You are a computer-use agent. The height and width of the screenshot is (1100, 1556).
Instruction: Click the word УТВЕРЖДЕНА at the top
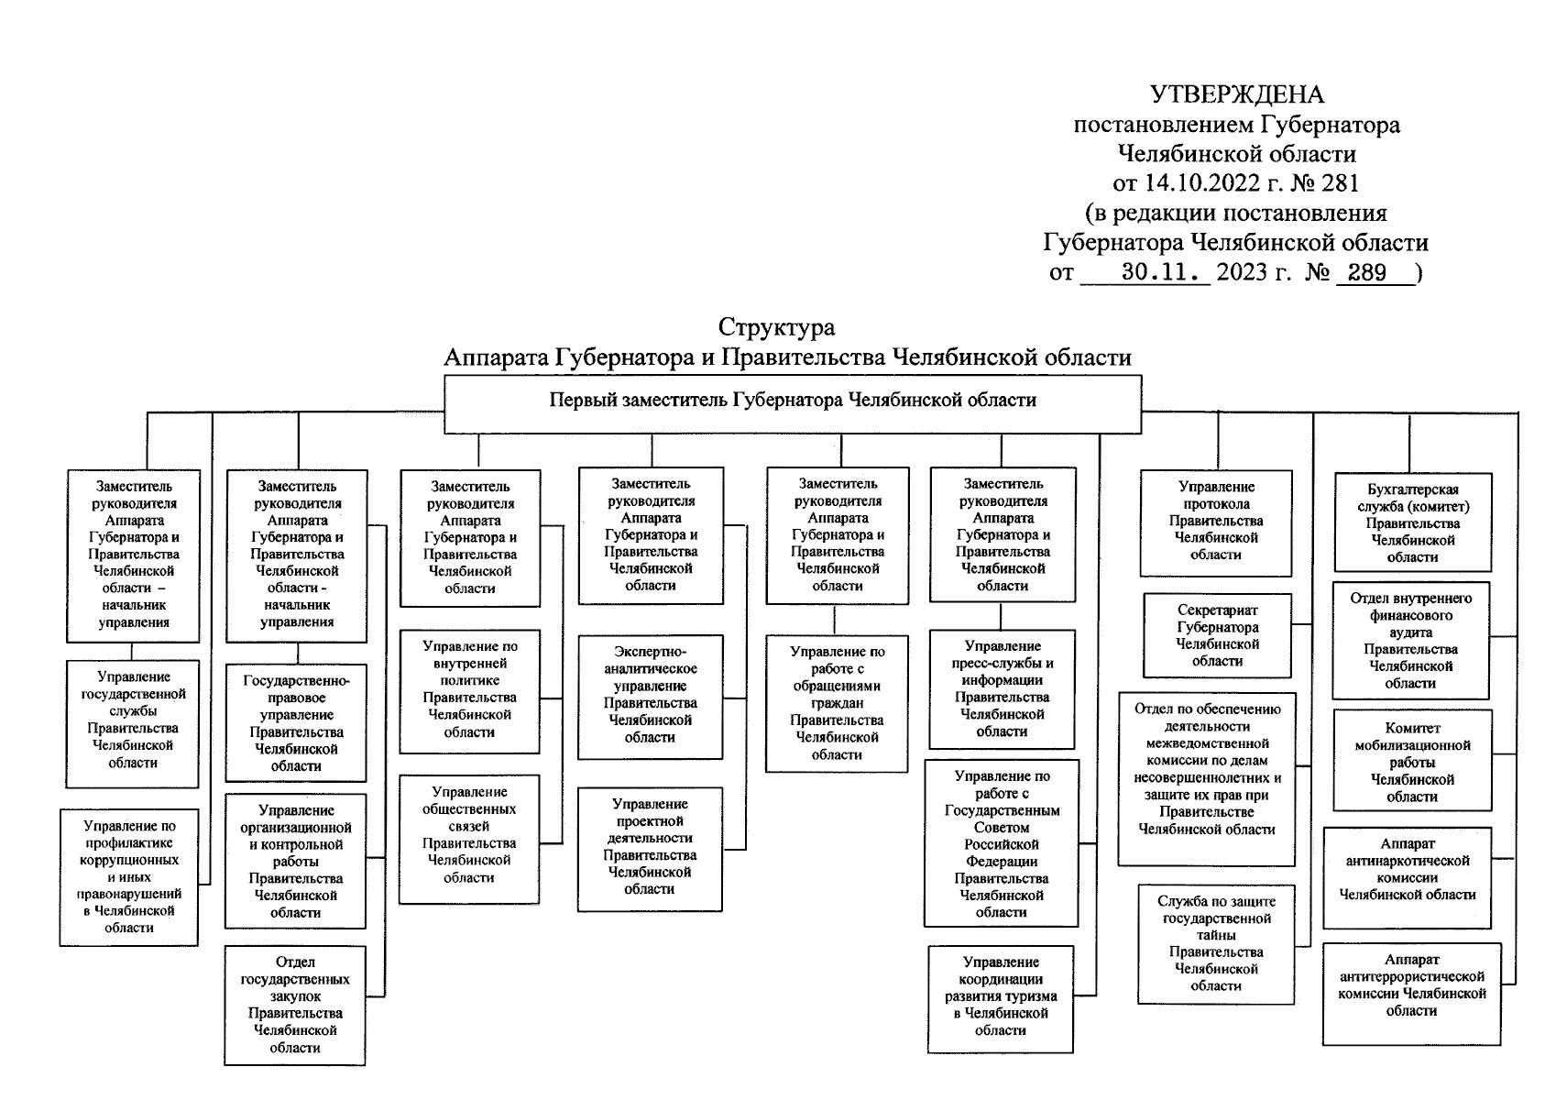[1236, 95]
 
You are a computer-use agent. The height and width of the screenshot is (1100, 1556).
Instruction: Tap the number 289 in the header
[1367, 272]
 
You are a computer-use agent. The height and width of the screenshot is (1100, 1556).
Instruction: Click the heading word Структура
[776, 327]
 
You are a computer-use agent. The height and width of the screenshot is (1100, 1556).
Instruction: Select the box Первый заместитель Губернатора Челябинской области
[793, 401]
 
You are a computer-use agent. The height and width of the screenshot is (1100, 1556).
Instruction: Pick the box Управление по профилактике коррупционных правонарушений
[129, 876]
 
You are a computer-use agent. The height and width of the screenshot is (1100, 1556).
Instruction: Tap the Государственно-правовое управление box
[296, 723]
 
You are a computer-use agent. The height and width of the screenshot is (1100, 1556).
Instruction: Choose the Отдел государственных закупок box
[295, 1005]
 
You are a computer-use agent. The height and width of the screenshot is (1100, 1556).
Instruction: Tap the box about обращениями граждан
[838, 703]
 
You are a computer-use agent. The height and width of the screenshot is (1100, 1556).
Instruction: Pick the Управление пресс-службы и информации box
[1002, 689]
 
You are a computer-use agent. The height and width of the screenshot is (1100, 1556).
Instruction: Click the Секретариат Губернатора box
[1217, 635]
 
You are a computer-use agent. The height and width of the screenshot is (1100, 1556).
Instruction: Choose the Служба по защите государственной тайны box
[1216, 944]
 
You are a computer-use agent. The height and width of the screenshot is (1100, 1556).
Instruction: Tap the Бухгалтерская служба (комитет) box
[1412, 523]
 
